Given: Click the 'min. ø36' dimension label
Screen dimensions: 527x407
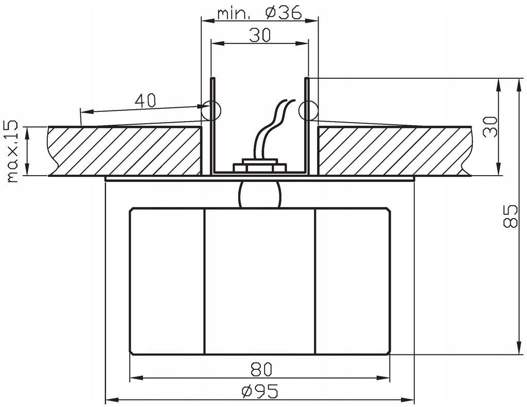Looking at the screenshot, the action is click(259, 13).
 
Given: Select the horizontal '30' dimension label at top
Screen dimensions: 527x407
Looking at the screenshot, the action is click(260, 35).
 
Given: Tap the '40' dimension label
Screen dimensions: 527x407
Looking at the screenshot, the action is click(145, 100).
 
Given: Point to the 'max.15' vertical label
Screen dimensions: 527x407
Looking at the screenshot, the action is click(12, 151).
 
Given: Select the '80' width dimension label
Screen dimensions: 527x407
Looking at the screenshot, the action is click(261, 369).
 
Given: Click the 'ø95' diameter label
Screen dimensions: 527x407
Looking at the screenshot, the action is click(260, 391).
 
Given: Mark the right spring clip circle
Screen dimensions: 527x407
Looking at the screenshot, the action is click(308, 110).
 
